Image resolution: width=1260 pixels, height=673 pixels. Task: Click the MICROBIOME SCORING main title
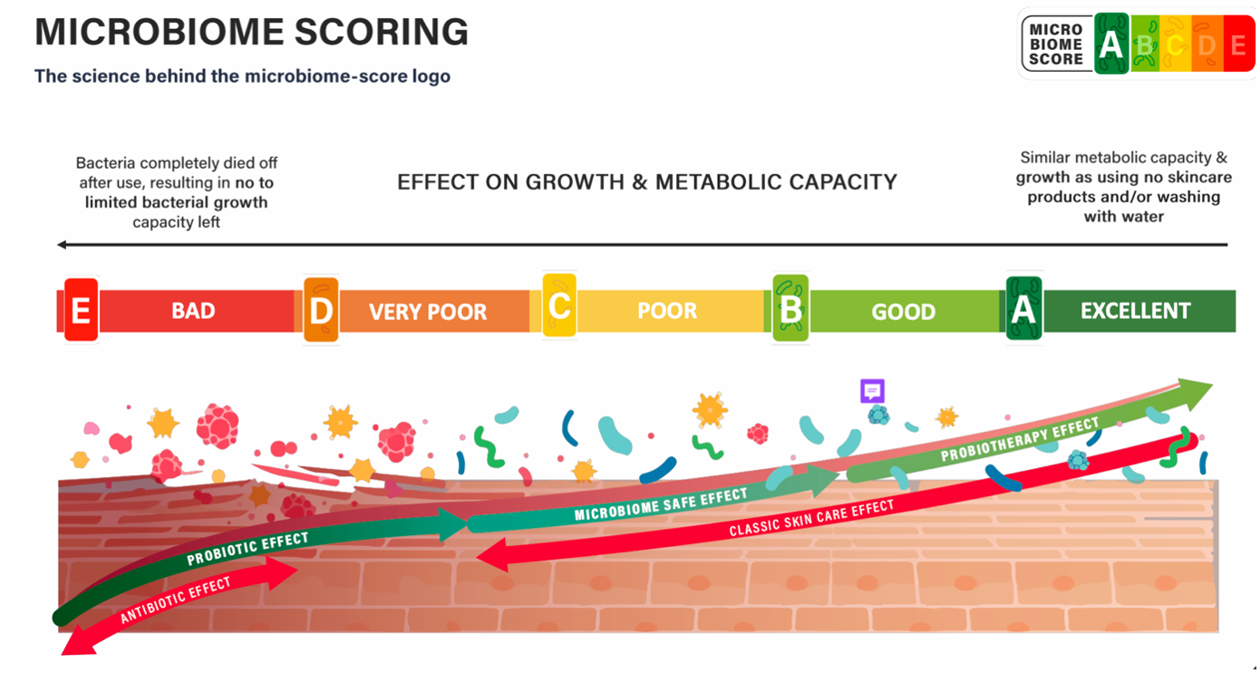click(x=251, y=33)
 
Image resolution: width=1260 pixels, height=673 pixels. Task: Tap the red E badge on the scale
click(x=81, y=310)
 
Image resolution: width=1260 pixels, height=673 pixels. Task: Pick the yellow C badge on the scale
click(x=559, y=306)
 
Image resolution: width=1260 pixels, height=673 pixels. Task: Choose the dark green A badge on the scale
click(x=1023, y=309)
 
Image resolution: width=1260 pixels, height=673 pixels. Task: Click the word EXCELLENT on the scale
click(x=1135, y=311)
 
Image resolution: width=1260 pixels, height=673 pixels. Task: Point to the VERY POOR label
click(x=428, y=312)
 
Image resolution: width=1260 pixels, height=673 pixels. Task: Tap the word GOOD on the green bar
click(x=903, y=312)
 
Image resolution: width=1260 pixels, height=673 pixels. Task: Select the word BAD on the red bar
click(x=193, y=311)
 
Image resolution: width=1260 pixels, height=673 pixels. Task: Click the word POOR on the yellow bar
click(x=667, y=311)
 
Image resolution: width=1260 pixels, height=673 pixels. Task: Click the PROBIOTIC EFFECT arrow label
click(x=247, y=549)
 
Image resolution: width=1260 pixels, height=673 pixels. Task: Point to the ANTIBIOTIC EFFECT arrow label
click(x=176, y=600)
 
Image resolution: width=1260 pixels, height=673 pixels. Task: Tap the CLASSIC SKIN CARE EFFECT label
click(x=811, y=518)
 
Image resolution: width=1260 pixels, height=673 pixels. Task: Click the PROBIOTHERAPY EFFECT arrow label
click(x=1020, y=440)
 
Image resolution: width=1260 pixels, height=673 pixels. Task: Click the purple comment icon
click(x=872, y=391)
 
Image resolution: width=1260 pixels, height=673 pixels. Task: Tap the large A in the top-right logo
click(x=1111, y=44)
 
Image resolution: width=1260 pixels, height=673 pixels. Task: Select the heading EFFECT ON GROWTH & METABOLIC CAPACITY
click(x=647, y=182)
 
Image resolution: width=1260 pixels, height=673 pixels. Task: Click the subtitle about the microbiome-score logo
click(x=242, y=76)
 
